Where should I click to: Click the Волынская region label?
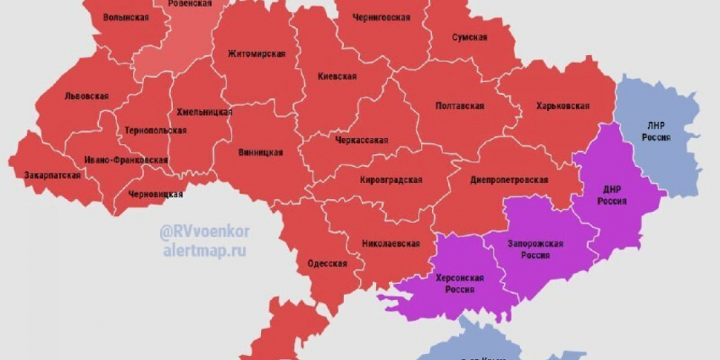pos(131,17)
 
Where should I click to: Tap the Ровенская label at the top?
pos(189,4)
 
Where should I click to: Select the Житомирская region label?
pos(257,54)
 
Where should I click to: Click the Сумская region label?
pos(469,37)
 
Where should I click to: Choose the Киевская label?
pos(337,76)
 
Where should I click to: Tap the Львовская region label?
pos(86,97)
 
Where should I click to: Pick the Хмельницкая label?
pos(204,112)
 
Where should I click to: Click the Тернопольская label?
pos(155,130)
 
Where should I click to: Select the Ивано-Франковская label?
pos(125,159)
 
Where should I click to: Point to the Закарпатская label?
pos(53,175)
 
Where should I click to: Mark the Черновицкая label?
pos(156,194)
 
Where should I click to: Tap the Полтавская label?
pos(459,106)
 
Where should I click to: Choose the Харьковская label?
pos(562,106)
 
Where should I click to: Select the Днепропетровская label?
pos(509,180)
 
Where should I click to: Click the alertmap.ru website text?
pos(205,252)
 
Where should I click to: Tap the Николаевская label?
pos(390,244)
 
